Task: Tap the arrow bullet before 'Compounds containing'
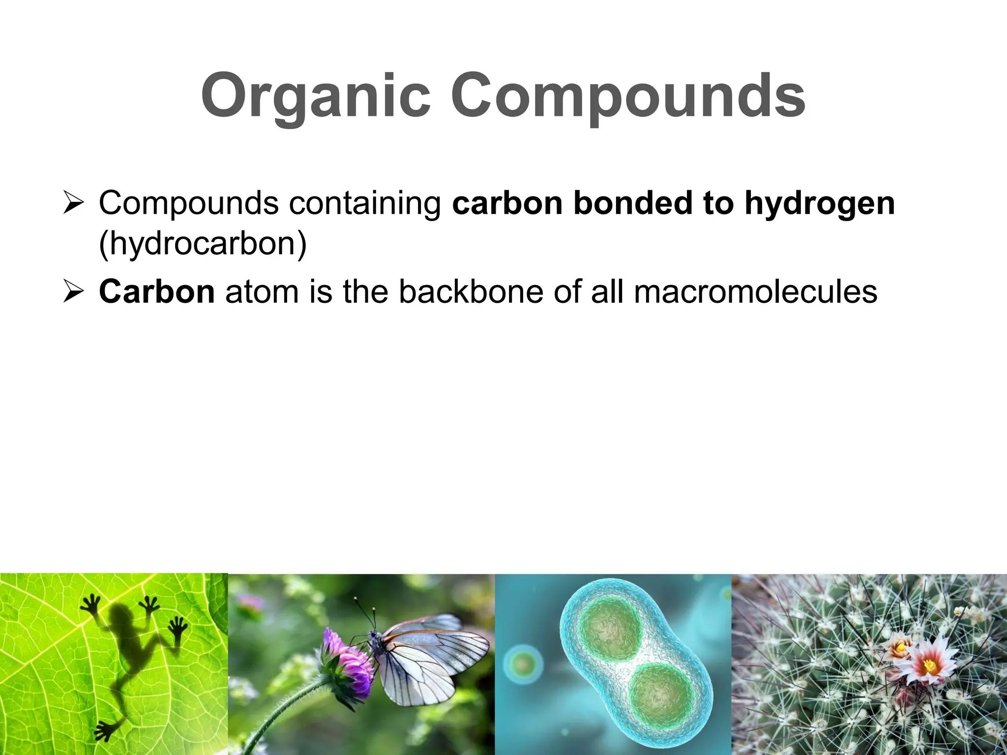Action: tap(74, 203)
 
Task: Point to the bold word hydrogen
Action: tap(820, 203)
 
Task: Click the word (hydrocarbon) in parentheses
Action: tap(203, 243)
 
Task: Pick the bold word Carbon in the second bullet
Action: tap(156, 291)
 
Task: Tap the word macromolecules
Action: tap(755, 291)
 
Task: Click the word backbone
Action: tap(471, 291)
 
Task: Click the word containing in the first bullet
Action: tap(365, 203)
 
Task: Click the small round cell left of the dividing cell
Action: tap(523, 665)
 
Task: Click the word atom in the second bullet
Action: tap(261, 291)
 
